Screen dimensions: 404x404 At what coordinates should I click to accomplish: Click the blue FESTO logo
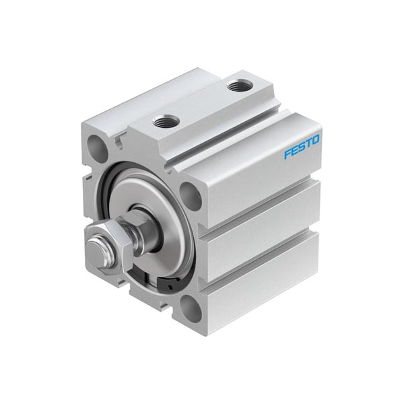coord(302,147)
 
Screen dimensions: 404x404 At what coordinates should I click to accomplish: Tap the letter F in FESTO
coord(287,154)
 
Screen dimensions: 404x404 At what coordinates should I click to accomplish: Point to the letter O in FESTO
coord(316,140)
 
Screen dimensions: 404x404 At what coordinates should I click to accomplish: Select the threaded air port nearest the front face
coord(166,122)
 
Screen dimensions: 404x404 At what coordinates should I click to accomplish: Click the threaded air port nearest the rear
coord(240,86)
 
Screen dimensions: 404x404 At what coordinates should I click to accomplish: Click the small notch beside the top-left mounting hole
coord(119,142)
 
